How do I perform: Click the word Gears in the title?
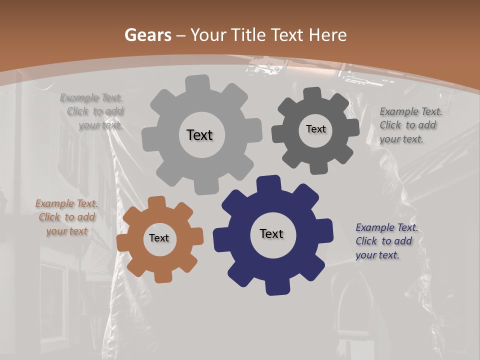pos(147,35)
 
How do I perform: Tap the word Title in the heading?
pos(248,35)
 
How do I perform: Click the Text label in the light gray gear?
pos(199,135)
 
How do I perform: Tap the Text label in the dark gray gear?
pos(315,129)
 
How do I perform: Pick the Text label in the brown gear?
pos(159,238)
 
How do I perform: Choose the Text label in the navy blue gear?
pos(271,233)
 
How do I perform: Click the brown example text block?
pos(66,217)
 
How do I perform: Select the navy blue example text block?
pos(386,241)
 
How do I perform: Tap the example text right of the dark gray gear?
pos(410,125)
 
